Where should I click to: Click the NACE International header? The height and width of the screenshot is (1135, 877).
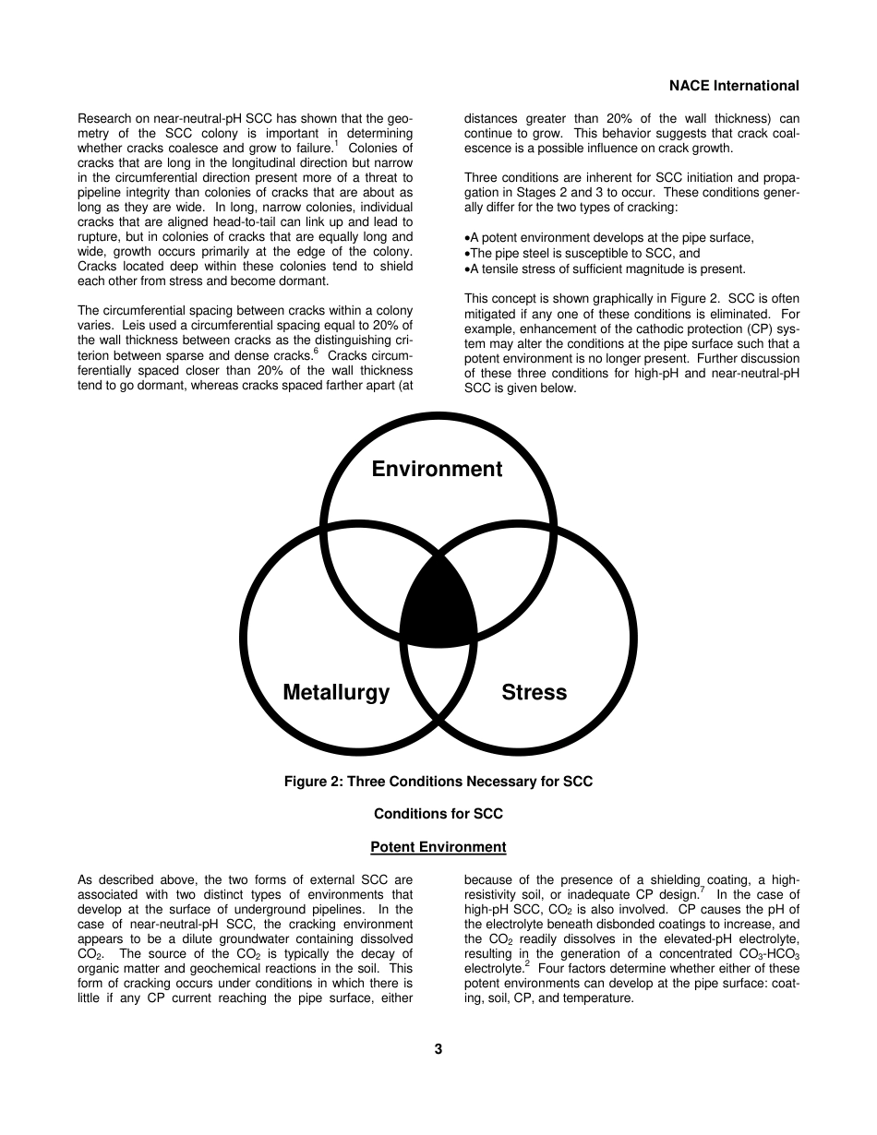(734, 86)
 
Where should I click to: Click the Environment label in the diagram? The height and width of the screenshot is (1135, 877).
(437, 469)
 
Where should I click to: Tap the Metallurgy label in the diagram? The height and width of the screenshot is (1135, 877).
(336, 692)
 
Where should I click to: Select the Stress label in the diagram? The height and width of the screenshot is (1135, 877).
(534, 692)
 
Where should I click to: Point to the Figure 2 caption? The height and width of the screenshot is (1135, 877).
(438, 782)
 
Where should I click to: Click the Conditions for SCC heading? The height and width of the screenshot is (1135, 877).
(438, 814)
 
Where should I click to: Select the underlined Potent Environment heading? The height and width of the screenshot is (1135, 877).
(438, 847)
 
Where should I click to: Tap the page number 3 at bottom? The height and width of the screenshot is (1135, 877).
(438, 1048)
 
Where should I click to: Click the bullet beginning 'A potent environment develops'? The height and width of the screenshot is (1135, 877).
(609, 237)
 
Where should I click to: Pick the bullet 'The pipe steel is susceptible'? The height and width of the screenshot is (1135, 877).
(582, 253)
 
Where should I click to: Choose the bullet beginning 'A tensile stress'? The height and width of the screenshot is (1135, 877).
(605, 269)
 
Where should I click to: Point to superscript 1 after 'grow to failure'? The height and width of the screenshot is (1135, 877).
(337, 143)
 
